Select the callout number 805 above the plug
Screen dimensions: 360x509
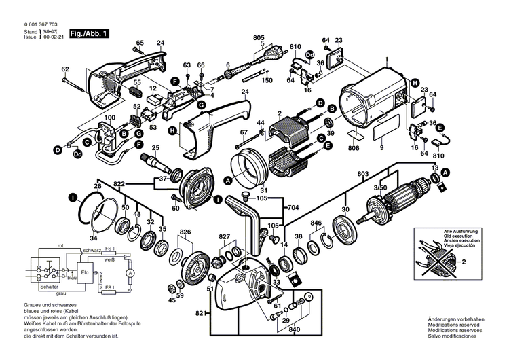[x=259, y=37]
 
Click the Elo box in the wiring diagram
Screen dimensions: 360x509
[x=85, y=272]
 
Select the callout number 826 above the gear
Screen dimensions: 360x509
[x=185, y=233]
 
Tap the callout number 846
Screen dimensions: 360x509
[x=316, y=223]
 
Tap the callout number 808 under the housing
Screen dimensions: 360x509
[x=353, y=147]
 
